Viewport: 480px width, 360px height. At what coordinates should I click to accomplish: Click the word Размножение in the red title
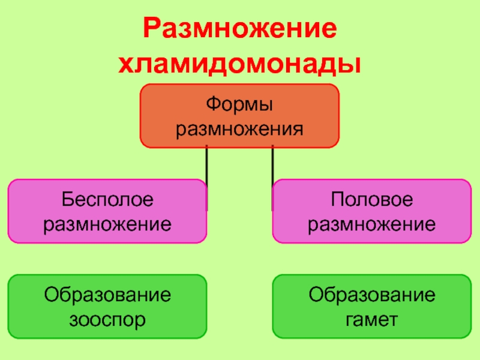239,30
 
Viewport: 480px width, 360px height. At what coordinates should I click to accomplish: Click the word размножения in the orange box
239,128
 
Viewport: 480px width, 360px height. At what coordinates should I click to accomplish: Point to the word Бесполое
107,200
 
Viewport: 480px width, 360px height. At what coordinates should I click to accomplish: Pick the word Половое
371,200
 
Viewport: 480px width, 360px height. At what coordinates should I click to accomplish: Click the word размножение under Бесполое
107,224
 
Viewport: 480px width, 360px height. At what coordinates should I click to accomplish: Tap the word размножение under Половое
371,224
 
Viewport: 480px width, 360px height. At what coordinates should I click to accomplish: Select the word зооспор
107,319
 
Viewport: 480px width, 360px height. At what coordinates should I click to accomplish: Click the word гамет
371,319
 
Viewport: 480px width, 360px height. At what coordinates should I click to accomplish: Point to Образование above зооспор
107,295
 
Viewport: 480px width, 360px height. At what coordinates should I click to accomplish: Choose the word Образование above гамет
371,295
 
